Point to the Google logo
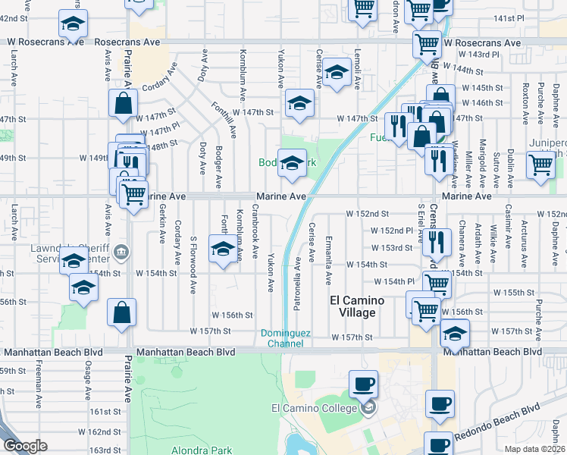pos(25,446)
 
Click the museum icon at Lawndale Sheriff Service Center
pos(124,251)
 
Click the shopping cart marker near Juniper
pos(540,164)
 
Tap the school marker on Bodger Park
pos(292,163)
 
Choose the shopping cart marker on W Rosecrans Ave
pos(428,43)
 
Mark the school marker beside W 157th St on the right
pos(454,333)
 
